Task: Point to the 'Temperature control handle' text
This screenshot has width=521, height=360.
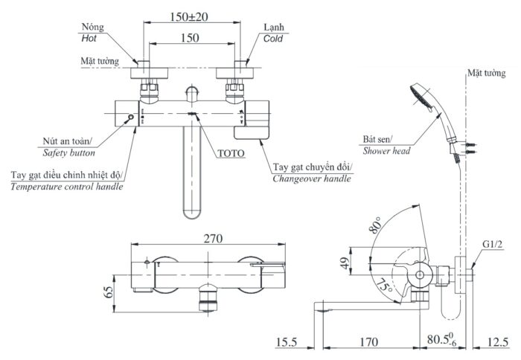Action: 66,186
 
